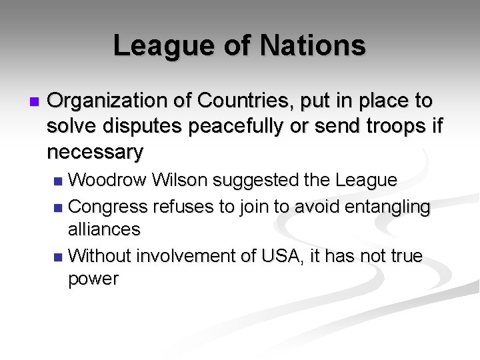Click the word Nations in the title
pos(313,46)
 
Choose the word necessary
pos(95,153)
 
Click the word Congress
pos(108,207)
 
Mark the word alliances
pos(104,229)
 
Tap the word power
pos(93,279)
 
